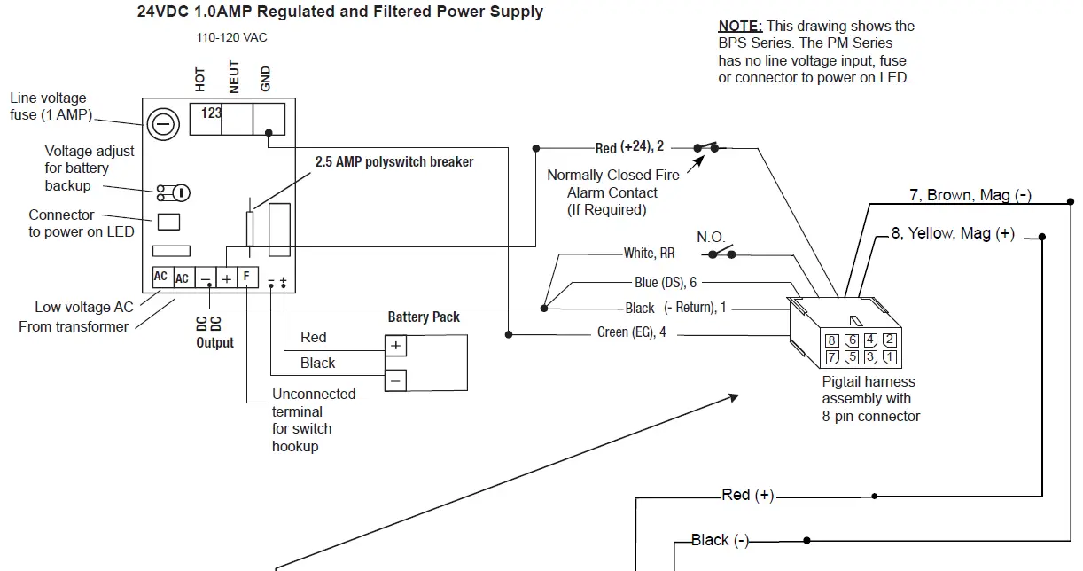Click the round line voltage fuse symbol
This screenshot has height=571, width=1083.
[x=162, y=125]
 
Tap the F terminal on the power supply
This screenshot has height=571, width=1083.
[x=246, y=277]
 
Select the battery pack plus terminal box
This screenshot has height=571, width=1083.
[x=395, y=345]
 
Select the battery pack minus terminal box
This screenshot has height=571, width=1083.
[x=395, y=380]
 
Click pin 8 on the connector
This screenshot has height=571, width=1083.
[x=831, y=340]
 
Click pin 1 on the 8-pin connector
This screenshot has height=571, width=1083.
[x=891, y=357]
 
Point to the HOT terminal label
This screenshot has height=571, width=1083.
[x=200, y=80]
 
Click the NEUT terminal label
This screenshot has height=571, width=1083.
[x=234, y=76]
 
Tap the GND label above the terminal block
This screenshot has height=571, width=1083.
[x=266, y=79]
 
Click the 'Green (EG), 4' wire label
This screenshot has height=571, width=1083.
[x=632, y=333]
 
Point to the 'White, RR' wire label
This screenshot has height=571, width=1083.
[x=649, y=254]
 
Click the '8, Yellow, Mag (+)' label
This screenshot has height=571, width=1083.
[x=953, y=234]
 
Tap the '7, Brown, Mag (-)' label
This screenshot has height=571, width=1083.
[x=970, y=195]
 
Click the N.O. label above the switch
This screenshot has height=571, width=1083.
[x=711, y=238]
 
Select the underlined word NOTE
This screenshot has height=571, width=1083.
[x=740, y=27]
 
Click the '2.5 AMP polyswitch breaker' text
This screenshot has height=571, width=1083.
[x=394, y=162]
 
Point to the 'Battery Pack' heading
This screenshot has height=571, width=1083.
[x=424, y=317]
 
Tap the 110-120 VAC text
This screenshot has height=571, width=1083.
[x=231, y=38]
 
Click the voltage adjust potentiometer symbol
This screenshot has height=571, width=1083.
[x=175, y=192]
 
